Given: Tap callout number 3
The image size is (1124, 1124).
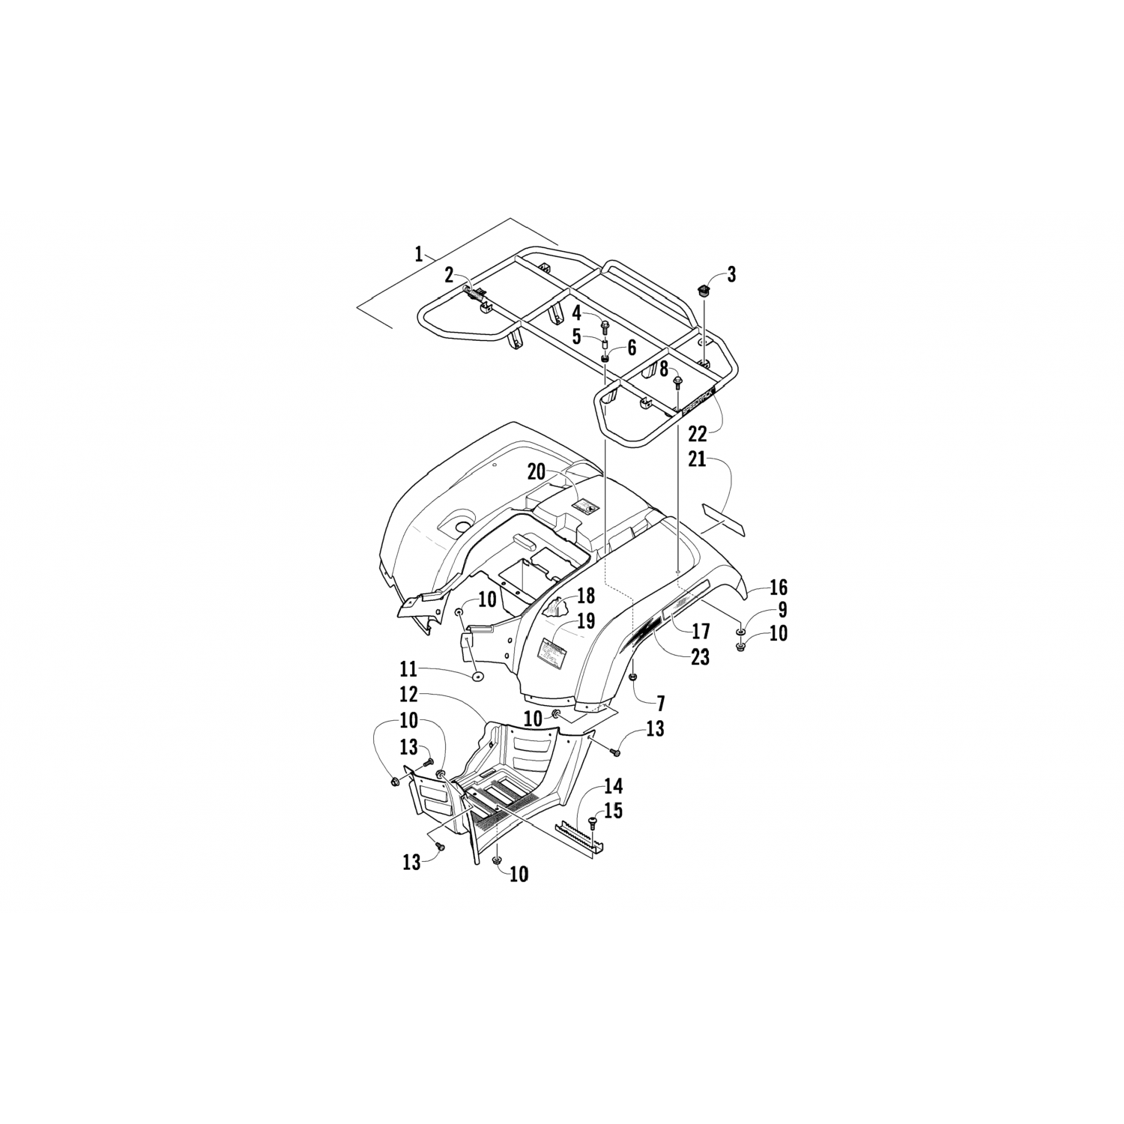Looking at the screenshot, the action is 731,275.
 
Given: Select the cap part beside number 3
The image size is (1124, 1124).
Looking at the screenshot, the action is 704,291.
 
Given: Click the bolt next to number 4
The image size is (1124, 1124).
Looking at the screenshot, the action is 604,326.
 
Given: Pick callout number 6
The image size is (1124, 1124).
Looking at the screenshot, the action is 631,347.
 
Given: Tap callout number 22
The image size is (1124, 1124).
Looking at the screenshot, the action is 698,434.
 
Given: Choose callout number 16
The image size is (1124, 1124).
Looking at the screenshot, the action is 779,587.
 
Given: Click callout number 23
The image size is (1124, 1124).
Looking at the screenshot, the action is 700,656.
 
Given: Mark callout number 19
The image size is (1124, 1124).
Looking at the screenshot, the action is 586,621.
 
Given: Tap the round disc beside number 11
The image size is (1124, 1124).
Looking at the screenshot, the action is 477,677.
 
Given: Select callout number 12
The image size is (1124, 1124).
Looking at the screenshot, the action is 408,695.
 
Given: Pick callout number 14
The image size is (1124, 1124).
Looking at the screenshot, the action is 613,787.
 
